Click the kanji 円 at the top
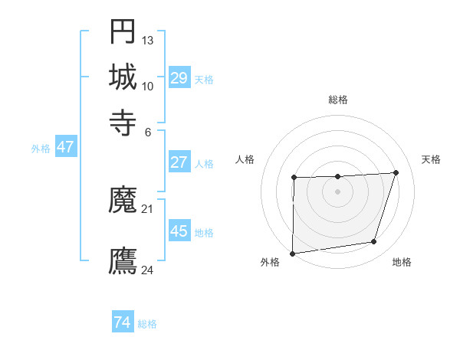click(x=123, y=31)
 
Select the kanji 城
click(x=123, y=77)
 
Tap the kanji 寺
click(x=123, y=121)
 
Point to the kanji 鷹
click(x=123, y=261)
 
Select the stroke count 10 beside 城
click(x=148, y=86)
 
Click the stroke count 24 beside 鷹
click(x=148, y=270)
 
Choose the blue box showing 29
click(x=179, y=78)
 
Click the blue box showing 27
click(x=179, y=162)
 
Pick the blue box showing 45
click(x=179, y=231)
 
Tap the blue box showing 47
click(x=65, y=148)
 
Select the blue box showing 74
click(x=123, y=322)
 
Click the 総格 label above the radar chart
click(x=338, y=100)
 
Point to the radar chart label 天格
click(x=431, y=159)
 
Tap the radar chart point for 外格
click(x=292, y=253)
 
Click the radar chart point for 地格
click(x=374, y=242)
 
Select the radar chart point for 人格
click(x=294, y=178)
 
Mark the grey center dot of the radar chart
click(x=337, y=191)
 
